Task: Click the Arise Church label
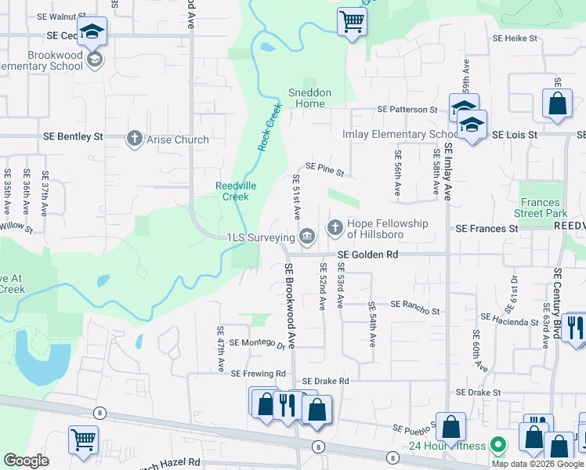tap(178, 139)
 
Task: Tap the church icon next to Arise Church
tap(134, 139)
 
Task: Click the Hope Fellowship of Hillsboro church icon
tap(335, 227)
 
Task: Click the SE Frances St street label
tap(487, 229)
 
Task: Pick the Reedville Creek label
tap(233, 191)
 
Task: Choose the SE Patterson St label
tap(407, 110)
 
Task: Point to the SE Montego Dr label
tap(257, 342)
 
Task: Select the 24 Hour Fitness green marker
tap(497, 445)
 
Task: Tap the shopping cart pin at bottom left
tap(83, 439)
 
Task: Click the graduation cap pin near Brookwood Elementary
tap(92, 32)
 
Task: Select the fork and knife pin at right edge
tap(573, 326)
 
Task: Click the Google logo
tap(26, 461)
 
